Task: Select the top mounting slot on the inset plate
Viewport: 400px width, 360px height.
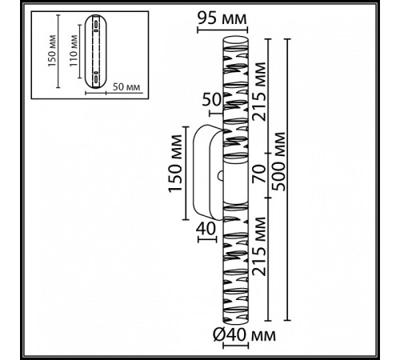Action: pos(96,26)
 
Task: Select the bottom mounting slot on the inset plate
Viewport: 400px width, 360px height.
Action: pos(96,79)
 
